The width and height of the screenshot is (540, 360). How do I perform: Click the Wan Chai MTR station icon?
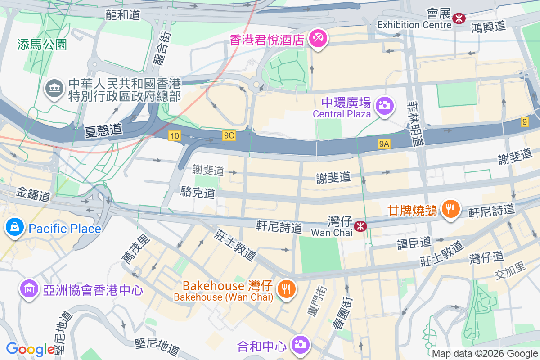pyautogui.click(x=360, y=226)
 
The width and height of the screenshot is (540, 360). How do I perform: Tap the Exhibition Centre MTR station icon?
pyautogui.click(x=459, y=18)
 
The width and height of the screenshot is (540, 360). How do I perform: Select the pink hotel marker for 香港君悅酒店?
pyautogui.click(x=318, y=39)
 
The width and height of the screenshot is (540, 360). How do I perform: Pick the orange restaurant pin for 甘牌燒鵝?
pyautogui.click(x=450, y=209)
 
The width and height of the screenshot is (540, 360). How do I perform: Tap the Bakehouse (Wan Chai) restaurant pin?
pyautogui.click(x=286, y=288)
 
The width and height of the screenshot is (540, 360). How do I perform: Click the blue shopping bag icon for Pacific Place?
pyautogui.click(x=15, y=227)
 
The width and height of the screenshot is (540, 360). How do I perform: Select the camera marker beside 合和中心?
pyautogui.click(x=299, y=345)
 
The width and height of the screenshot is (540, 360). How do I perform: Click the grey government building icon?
pyautogui.click(x=54, y=88)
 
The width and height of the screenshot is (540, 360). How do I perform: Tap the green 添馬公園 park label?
pyautogui.click(x=42, y=45)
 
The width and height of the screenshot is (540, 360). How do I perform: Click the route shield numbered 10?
pyautogui.click(x=175, y=136)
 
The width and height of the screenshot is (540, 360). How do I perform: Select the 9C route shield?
pyautogui.click(x=229, y=135)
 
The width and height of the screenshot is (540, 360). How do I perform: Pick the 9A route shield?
pyautogui.click(x=384, y=144)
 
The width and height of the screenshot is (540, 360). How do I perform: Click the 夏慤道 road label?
pyautogui.click(x=103, y=130)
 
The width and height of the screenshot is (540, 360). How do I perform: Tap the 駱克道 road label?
pyautogui.click(x=198, y=193)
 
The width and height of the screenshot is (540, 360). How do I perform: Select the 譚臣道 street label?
pyautogui.click(x=414, y=243)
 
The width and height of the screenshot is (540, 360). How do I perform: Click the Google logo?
pyautogui.click(x=30, y=349)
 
